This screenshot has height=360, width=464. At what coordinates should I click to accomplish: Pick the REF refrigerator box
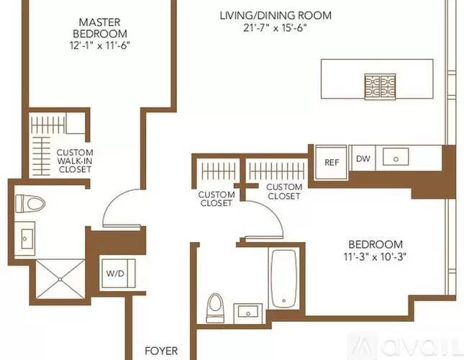click(331, 162)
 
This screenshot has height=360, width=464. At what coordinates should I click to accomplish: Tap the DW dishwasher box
click(363, 159)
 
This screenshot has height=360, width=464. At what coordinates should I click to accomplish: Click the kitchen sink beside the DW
click(396, 158)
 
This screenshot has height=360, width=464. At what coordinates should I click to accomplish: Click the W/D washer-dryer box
click(114, 274)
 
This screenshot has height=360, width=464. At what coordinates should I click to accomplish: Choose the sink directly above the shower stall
click(27, 236)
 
